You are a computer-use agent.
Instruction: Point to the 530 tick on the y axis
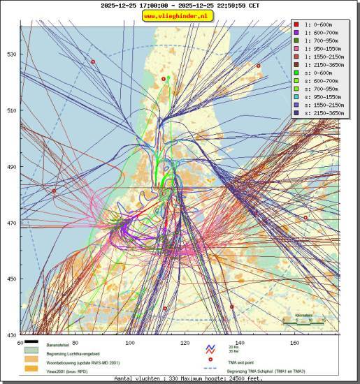point(11,54)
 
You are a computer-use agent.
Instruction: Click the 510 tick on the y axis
point(11,110)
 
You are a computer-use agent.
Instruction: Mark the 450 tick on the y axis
point(11,279)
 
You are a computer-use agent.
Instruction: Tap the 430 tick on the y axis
point(11,335)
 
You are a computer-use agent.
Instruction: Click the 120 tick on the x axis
point(185,343)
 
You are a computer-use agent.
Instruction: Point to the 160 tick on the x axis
point(294,343)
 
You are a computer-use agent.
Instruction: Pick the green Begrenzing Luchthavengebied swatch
point(31,353)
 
